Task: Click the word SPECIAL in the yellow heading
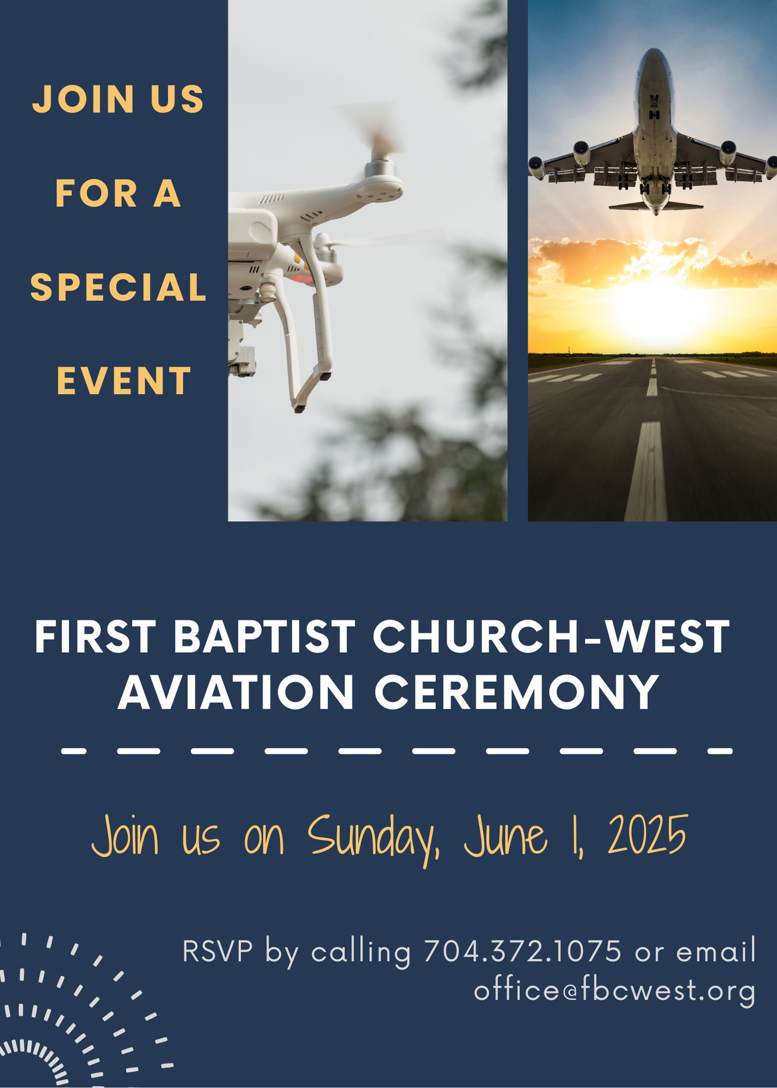tap(118, 287)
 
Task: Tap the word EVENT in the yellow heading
tap(124, 381)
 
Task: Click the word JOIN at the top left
tap(83, 99)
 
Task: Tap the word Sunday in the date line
tap(373, 838)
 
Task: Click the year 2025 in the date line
tap(648, 835)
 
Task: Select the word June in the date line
tap(505, 836)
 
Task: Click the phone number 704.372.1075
tap(522, 951)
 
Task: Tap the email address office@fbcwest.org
tap(615, 991)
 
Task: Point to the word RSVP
tap(218, 951)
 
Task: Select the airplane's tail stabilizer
tap(655, 206)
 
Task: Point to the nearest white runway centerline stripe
tap(646, 471)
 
